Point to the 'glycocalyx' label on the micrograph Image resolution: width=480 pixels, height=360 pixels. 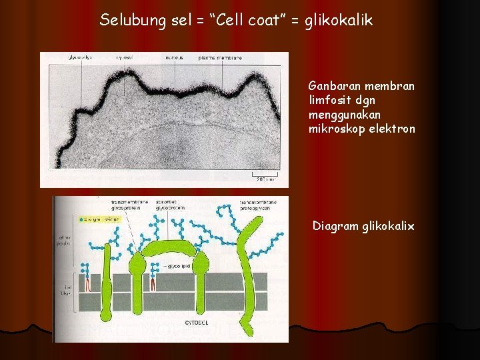[80, 58]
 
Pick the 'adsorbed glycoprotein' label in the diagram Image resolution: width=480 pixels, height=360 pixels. [171, 204]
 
